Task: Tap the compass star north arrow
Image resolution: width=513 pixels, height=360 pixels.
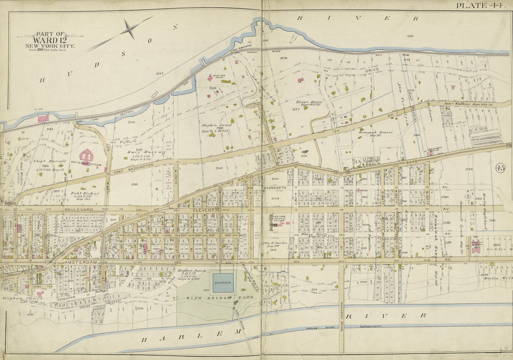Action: pos(130,29)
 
